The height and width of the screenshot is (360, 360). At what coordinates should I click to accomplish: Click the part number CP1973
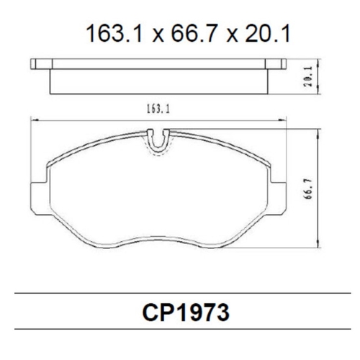tap(186, 312)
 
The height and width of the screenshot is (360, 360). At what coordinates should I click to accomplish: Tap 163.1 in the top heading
tap(114, 34)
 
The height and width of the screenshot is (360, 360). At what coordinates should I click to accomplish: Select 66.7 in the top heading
tap(194, 34)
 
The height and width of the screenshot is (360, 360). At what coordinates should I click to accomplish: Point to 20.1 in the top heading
tap(268, 34)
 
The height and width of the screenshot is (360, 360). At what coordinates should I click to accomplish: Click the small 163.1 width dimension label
tap(158, 109)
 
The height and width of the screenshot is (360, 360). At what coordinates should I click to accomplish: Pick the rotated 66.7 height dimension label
tap(308, 189)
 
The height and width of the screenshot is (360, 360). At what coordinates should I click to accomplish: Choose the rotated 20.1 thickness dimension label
tap(308, 76)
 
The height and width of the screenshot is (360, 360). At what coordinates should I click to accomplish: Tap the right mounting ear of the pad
tap(277, 197)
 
